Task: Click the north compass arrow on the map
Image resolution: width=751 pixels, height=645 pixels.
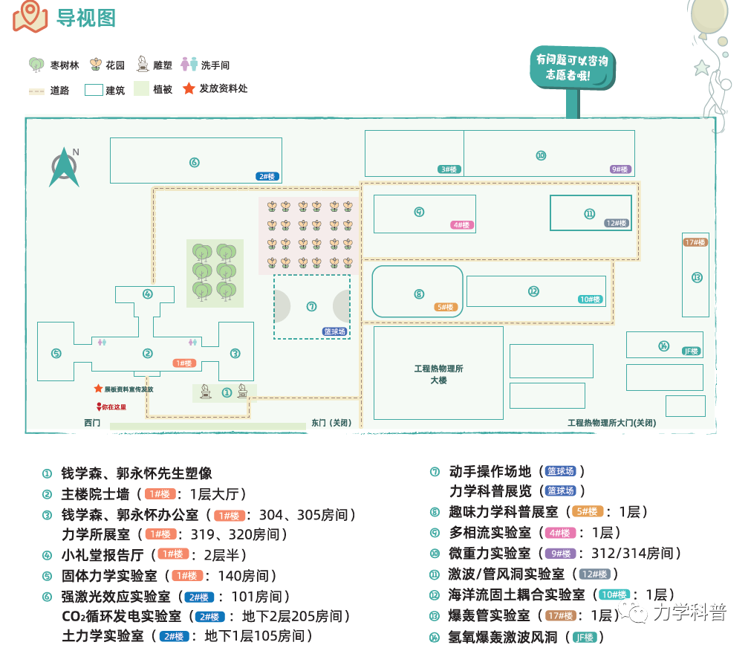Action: pos(65,168)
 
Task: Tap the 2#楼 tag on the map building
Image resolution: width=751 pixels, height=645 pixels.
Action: pos(267,176)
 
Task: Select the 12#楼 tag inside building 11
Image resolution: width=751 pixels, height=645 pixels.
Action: pos(617,223)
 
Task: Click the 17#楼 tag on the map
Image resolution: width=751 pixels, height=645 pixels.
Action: pos(695,242)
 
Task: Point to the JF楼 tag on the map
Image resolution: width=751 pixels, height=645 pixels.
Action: pos(691,351)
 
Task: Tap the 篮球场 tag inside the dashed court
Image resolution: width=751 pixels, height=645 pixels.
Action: pos(335,331)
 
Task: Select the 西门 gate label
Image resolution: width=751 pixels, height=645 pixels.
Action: pos(92,423)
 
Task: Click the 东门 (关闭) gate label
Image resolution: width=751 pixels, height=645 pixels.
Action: pos(331,423)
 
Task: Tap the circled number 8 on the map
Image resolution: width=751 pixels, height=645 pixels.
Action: pos(419,294)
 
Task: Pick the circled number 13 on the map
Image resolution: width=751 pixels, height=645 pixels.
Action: pos(697,278)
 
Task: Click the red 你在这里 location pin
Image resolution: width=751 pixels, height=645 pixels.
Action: pos(99,406)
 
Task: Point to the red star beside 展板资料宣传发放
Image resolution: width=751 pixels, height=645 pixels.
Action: pos(98,389)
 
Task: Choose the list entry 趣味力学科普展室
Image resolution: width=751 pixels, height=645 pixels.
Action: pos(504,512)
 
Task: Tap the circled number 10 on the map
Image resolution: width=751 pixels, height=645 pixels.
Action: pos(541,155)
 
